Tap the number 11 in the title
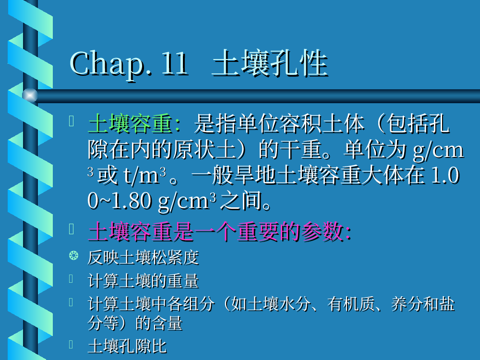[x=175, y=63]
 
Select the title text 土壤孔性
[x=270, y=63]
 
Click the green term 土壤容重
[x=130, y=124]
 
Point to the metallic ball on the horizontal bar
[x=30, y=95]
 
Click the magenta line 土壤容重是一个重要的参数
[x=219, y=231]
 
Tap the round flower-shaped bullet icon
[x=73, y=255]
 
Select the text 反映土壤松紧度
[x=143, y=257]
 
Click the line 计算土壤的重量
[x=143, y=281]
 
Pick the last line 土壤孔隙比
[x=127, y=346]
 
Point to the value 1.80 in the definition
[x=132, y=201]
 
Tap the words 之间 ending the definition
[x=241, y=201]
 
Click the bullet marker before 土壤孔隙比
[x=72, y=344]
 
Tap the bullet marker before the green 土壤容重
[x=72, y=121]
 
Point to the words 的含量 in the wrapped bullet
[x=159, y=323]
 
